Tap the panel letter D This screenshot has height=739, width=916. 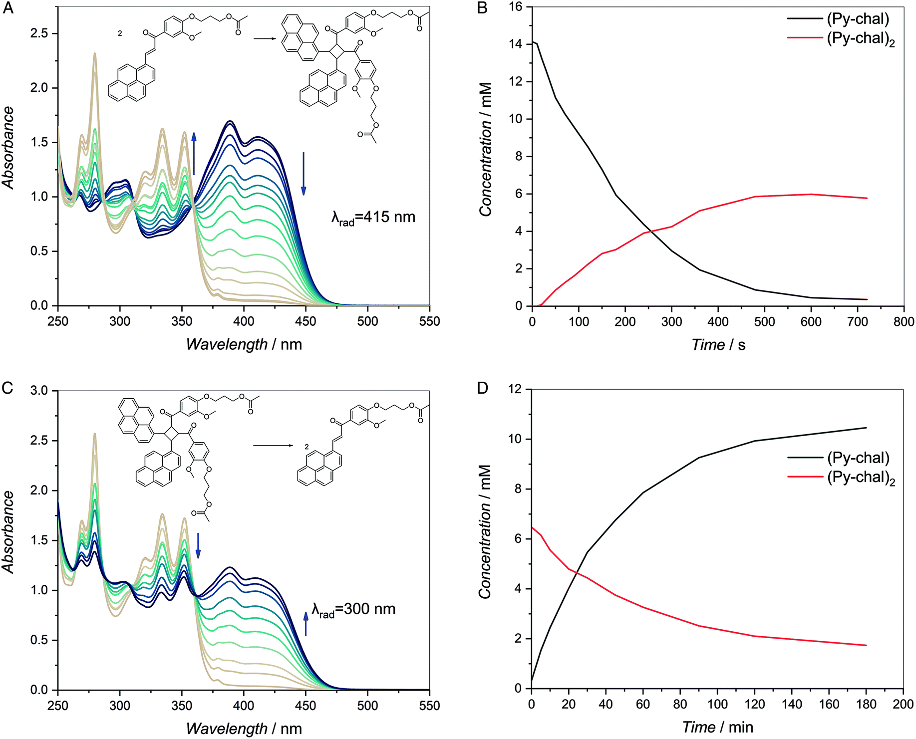[x=482, y=388]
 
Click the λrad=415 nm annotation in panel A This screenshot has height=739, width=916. [x=373, y=218]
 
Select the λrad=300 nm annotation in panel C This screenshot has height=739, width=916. [x=353, y=610]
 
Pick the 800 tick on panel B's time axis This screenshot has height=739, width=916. [x=904, y=322]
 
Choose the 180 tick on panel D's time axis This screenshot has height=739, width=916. [x=866, y=704]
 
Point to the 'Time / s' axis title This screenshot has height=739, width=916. [x=718, y=345]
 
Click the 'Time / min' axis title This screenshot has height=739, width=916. [x=717, y=727]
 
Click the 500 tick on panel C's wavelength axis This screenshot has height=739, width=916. [x=367, y=705]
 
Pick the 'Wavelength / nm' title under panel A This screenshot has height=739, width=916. [x=244, y=345]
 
